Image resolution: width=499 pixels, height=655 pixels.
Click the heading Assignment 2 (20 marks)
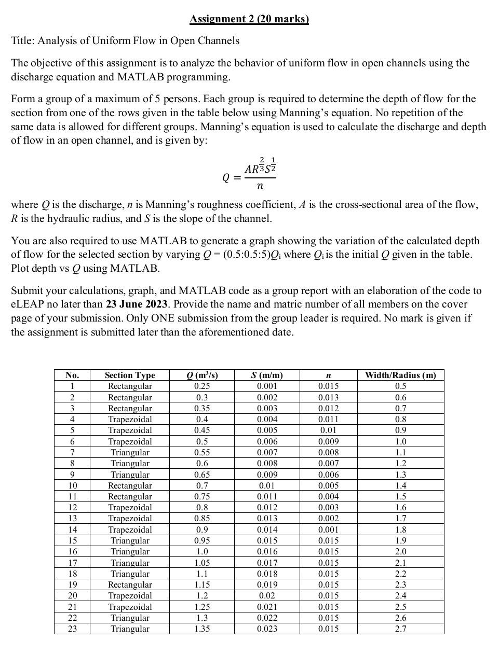[249, 19]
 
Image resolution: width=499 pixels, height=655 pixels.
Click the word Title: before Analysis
[23, 40]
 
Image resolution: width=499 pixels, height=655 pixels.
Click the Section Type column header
[130, 375]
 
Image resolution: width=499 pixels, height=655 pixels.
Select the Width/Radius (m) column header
[400, 375]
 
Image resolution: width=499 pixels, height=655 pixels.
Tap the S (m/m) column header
[267, 375]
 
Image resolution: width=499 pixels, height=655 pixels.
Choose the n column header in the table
[328, 375]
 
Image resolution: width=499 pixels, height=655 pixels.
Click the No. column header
[72, 375]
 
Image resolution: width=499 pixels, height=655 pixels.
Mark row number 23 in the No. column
[72, 629]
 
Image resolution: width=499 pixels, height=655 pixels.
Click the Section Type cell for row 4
[130, 419]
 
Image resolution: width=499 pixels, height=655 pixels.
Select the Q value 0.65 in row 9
[202, 475]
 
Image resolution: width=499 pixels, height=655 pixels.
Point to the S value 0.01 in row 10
[267, 485]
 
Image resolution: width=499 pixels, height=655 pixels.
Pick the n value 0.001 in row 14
[328, 529]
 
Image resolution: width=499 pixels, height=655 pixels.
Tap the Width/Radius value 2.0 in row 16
[400, 551]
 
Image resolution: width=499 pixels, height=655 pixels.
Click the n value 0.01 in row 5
[328, 430]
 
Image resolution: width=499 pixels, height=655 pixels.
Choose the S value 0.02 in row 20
[267, 595]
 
